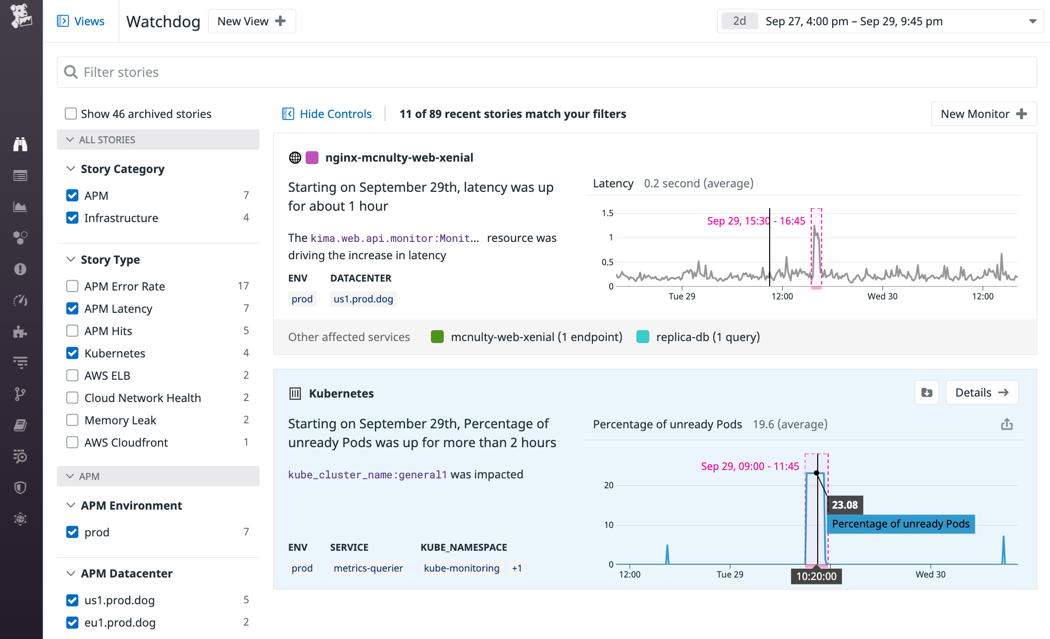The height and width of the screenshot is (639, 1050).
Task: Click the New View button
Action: click(x=252, y=21)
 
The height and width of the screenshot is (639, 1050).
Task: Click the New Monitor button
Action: click(x=983, y=114)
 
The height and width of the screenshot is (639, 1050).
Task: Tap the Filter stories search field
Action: click(x=545, y=72)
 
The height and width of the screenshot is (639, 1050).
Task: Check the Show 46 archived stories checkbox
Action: click(x=71, y=114)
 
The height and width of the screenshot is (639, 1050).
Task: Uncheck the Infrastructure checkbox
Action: click(x=72, y=218)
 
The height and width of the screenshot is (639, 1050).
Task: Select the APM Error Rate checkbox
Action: click(x=72, y=287)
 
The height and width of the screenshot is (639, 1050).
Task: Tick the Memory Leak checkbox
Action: click(x=72, y=420)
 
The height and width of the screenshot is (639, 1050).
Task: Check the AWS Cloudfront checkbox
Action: click(x=72, y=443)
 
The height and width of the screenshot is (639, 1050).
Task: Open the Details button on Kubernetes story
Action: click(x=982, y=393)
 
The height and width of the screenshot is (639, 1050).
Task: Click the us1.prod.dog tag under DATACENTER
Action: click(x=363, y=299)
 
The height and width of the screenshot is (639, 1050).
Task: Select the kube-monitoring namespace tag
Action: click(x=461, y=568)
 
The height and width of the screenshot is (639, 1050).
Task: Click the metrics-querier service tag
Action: click(x=368, y=568)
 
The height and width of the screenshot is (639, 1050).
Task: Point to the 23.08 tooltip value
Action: click(x=845, y=505)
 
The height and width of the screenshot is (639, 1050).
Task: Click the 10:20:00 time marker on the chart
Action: click(x=816, y=576)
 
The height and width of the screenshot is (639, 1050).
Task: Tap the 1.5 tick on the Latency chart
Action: click(x=607, y=213)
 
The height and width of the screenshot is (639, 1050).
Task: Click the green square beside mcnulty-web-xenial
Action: click(x=437, y=337)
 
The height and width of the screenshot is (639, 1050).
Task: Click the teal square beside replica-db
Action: click(x=643, y=337)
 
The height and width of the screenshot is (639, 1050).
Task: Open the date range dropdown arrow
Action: click(x=1033, y=21)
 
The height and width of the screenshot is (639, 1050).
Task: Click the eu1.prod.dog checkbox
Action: click(x=72, y=623)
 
